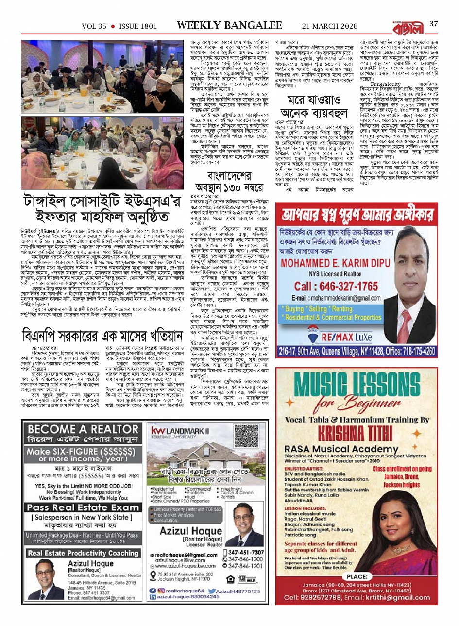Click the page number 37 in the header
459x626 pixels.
433,25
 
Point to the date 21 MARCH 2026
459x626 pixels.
329,26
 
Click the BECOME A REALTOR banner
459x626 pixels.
83,429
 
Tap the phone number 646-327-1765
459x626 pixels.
336,287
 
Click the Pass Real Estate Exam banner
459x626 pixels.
83,507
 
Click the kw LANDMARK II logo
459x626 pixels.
180,431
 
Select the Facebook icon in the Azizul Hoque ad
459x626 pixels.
153,590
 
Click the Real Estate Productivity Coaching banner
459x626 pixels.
83,553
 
